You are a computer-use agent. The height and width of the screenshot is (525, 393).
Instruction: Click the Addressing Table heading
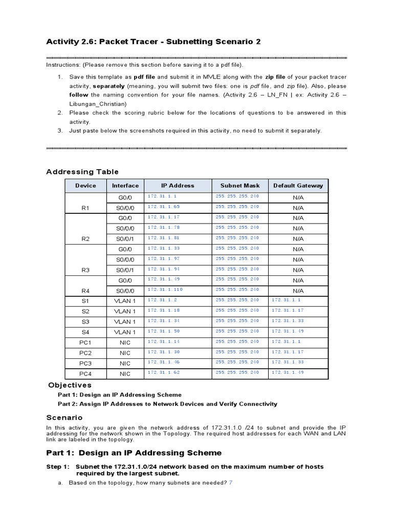click(82, 172)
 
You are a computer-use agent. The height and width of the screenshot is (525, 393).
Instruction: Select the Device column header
click(85, 186)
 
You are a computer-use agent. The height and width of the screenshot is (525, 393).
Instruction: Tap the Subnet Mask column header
click(240, 186)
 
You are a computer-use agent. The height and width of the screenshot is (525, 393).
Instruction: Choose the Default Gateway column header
click(298, 186)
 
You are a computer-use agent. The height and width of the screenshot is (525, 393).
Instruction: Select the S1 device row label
click(85, 301)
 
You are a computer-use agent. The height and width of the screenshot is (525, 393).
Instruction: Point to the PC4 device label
click(85, 374)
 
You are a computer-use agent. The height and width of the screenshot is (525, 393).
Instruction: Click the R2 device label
click(85, 239)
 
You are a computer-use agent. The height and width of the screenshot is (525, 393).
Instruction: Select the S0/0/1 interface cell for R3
click(125, 270)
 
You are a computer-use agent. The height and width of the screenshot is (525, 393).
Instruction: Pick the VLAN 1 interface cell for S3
click(125, 321)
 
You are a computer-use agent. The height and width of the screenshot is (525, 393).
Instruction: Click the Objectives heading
click(70, 385)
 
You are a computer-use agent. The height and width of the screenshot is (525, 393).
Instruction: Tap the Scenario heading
click(64, 418)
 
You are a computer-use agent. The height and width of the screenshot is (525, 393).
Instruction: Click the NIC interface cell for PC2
click(125, 353)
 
